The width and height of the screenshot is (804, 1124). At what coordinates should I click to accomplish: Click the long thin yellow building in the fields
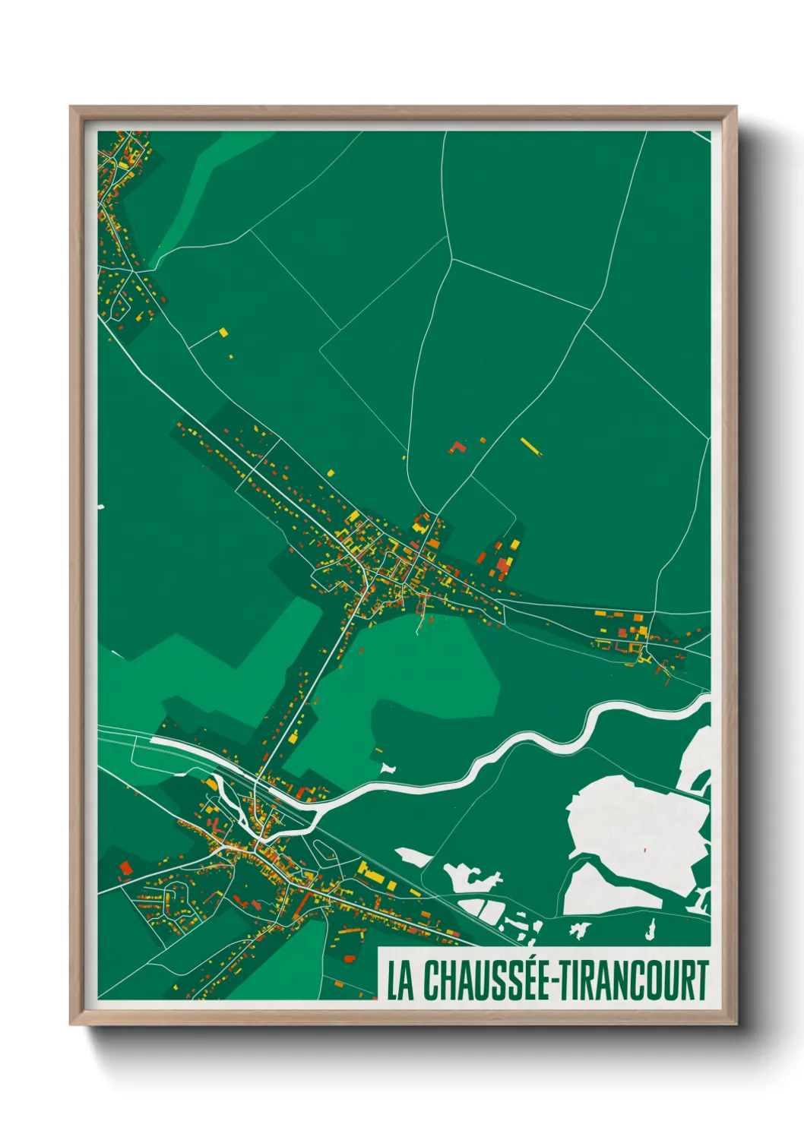click(x=530, y=446)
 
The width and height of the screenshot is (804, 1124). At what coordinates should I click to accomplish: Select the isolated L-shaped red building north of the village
click(x=457, y=447)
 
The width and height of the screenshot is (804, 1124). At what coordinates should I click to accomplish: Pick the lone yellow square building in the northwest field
click(x=223, y=332)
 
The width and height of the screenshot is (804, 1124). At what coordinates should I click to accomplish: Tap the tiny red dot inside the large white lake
click(x=644, y=849)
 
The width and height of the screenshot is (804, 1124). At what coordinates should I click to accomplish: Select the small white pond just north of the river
click(x=388, y=768)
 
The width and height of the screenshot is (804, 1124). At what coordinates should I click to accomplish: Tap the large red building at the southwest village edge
click(x=125, y=867)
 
